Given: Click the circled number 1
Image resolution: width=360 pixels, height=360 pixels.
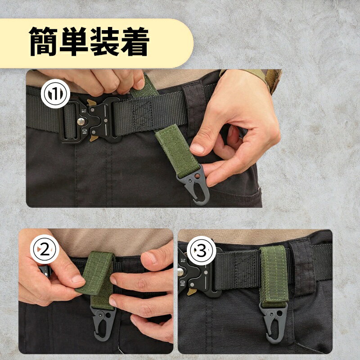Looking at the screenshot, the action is [x=55, y=94].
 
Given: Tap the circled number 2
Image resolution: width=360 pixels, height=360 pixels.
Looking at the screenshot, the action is [x=45, y=249].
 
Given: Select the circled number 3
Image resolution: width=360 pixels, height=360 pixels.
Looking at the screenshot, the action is [x=201, y=251].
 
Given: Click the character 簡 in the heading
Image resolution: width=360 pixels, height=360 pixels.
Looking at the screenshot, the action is [x=43, y=41].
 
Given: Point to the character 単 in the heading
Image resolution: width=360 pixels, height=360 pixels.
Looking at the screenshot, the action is [x=74, y=41].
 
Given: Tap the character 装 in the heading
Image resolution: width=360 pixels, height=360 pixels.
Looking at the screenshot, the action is [x=104, y=41].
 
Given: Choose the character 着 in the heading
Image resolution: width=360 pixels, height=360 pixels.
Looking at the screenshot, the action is [x=135, y=41].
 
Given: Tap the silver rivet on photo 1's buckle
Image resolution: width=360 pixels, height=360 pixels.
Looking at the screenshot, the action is [x=81, y=121].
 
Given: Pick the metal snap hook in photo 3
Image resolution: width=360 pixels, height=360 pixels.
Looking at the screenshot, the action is [x=274, y=323].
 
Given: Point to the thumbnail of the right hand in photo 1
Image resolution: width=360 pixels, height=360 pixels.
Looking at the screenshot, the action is [x=197, y=148].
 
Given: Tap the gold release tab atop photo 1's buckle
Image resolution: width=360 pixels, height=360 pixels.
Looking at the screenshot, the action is [x=91, y=103].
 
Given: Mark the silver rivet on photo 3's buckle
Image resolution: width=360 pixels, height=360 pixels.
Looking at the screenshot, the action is [x=181, y=272].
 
